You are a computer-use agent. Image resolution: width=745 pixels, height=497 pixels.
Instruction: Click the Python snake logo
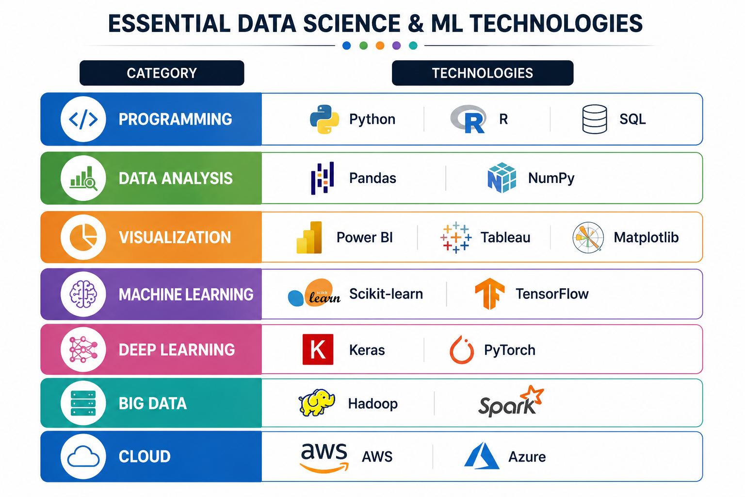(x=324, y=119)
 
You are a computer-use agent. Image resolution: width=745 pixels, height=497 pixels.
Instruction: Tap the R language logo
(x=468, y=119)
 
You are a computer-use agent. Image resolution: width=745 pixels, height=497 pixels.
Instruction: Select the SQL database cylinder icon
(x=595, y=119)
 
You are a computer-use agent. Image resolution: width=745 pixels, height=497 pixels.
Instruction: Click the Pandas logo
(x=322, y=178)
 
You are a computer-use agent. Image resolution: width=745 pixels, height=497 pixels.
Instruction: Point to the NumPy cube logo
(x=502, y=178)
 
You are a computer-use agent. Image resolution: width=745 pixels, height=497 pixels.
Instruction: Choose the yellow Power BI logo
(x=309, y=237)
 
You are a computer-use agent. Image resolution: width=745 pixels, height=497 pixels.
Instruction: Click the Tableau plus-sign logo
(x=456, y=237)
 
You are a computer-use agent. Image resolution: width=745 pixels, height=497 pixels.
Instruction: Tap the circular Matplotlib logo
(x=588, y=237)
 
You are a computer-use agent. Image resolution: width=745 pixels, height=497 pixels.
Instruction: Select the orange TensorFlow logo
(x=489, y=294)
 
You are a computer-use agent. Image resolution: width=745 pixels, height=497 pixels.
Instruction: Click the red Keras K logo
(x=318, y=349)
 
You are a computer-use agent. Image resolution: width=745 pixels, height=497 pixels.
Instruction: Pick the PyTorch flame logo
(x=462, y=349)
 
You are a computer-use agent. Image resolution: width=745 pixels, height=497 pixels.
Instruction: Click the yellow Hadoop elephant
(x=317, y=402)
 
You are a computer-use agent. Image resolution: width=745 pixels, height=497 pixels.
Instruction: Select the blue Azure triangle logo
(x=482, y=456)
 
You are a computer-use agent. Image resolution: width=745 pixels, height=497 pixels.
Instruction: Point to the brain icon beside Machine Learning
(x=83, y=294)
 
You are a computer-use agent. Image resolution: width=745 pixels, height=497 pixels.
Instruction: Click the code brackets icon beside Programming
(x=83, y=119)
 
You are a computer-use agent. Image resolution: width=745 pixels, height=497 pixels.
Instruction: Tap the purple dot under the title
(x=396, y=46)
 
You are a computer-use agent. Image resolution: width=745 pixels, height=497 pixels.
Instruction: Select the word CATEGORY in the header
(x=162, y=73)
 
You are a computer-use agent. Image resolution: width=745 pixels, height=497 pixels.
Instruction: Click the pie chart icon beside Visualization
(x=83, y=237)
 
